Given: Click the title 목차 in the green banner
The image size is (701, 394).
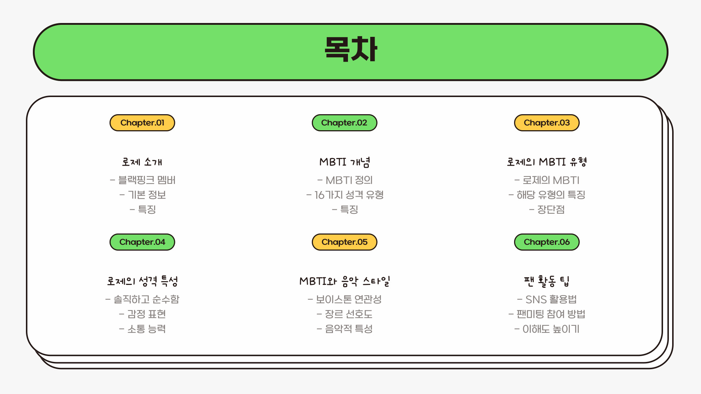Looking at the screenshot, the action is [350, 49].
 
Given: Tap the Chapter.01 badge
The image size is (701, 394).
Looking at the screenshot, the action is [142, 123].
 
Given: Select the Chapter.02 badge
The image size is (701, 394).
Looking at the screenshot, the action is [344, 123].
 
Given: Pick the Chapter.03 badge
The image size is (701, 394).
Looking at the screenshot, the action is [547, 123].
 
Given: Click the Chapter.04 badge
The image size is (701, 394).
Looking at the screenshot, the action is [142, 242].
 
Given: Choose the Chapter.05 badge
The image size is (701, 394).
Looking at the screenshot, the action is [344, 242].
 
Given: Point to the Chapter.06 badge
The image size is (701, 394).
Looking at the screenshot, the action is [547, 242].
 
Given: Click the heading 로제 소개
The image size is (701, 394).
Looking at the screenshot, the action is [142, 162].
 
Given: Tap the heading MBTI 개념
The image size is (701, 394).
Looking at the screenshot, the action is [345, 162].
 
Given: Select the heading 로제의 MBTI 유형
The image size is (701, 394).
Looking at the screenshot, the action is [547, 162].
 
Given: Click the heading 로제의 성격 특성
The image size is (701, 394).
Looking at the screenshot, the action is [142, 281].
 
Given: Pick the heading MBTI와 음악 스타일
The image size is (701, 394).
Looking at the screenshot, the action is [345, 281].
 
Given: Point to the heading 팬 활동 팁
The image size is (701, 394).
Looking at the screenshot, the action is [547, 281].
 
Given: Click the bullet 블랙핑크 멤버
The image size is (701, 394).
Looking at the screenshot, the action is [146, 180].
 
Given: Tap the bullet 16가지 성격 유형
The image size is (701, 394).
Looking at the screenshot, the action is [349, 195].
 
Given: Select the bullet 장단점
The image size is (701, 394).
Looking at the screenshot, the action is [551, 209].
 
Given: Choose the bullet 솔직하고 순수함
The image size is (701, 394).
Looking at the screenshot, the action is [146, 299].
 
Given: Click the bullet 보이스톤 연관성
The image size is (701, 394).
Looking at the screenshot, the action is [348, 299].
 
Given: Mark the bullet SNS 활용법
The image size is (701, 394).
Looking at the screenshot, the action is [551, 299].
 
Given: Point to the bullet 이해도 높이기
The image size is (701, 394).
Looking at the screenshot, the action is [551, 329].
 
